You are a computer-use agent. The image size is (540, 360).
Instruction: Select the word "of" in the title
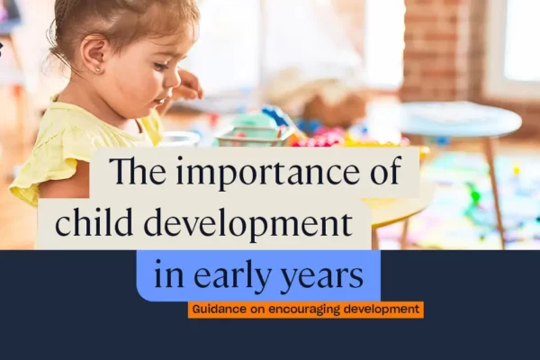point(386,169)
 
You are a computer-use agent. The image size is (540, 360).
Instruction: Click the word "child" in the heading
point(94,221)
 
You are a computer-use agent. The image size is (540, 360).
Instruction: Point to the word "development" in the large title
point(247,223)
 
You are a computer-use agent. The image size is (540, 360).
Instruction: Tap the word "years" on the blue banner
point(322,276)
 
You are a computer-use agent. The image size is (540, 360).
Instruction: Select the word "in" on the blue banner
point(169,274)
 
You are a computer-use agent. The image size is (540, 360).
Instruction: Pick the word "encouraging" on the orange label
point(304,310)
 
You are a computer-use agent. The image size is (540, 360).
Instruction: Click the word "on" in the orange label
point(257,310)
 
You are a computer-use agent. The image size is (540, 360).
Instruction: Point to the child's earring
point(97,69)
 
